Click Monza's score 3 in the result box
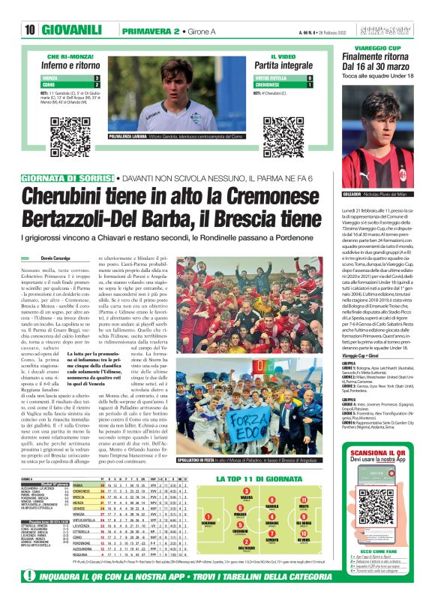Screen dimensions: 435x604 pos(96,78)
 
